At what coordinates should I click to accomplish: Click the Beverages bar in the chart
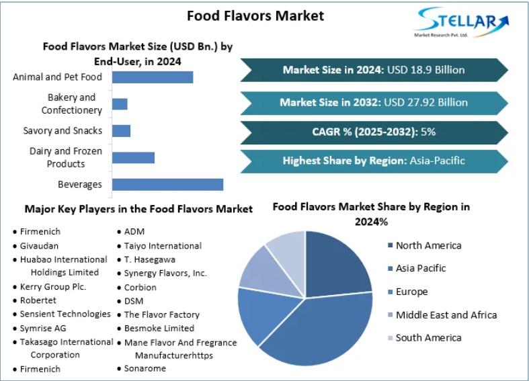[x=167, y=184]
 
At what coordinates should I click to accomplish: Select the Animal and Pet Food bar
[x=153, y=77]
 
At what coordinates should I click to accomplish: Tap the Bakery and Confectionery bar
[x=120, y=104]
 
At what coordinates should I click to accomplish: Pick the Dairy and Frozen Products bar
[x=133, y=157]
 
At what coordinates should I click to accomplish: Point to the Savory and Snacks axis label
[x=63, y=131]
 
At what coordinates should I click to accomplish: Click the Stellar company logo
[x=462, y=22]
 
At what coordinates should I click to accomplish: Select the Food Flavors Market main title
[x=255, y=16]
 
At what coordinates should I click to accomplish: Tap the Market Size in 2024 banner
[x=374, y=70]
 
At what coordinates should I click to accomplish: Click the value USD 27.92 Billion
[x=425, y=102]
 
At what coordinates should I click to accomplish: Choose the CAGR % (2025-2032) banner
[x=374, y=132]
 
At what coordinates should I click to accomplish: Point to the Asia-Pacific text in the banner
[x=437, y=161]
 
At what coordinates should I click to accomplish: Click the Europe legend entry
[x=408, y=292]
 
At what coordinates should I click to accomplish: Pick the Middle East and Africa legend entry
[x=442, y=315]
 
